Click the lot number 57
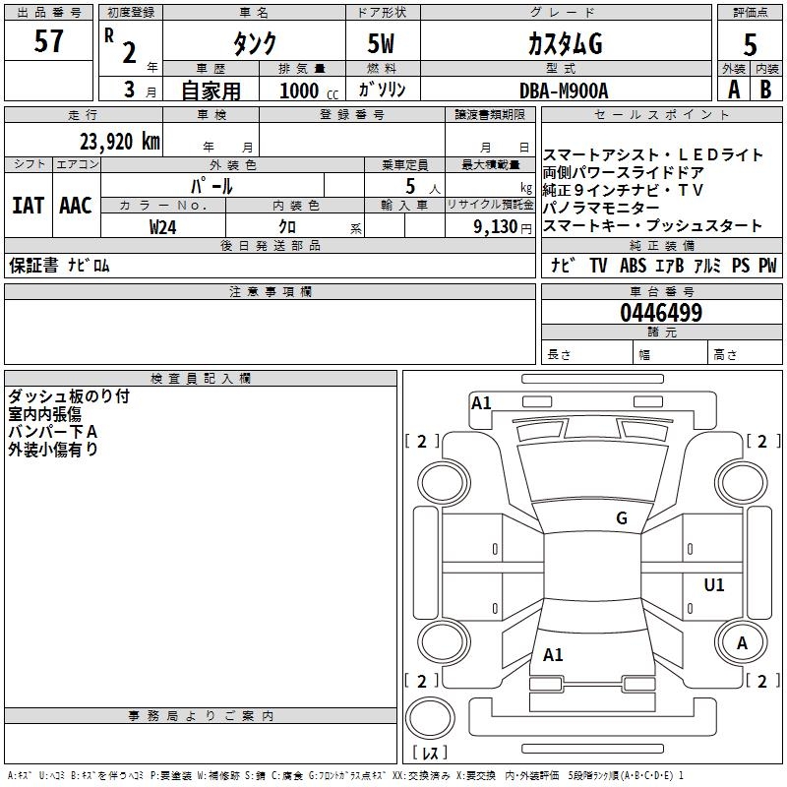[49, 43]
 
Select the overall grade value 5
[750, 43]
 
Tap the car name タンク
[253, 43]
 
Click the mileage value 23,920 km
[113, 141]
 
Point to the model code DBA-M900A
[564, 91]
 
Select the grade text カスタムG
[564, 43]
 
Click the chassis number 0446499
[661, 313]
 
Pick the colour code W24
[163, 226]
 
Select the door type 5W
[382, 43]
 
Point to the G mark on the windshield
[621, 518]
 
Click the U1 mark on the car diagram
[713, 585]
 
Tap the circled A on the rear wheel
[743, 642]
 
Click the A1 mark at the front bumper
[481, 402]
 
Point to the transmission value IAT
[28, 206]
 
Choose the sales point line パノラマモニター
[601, 209]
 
